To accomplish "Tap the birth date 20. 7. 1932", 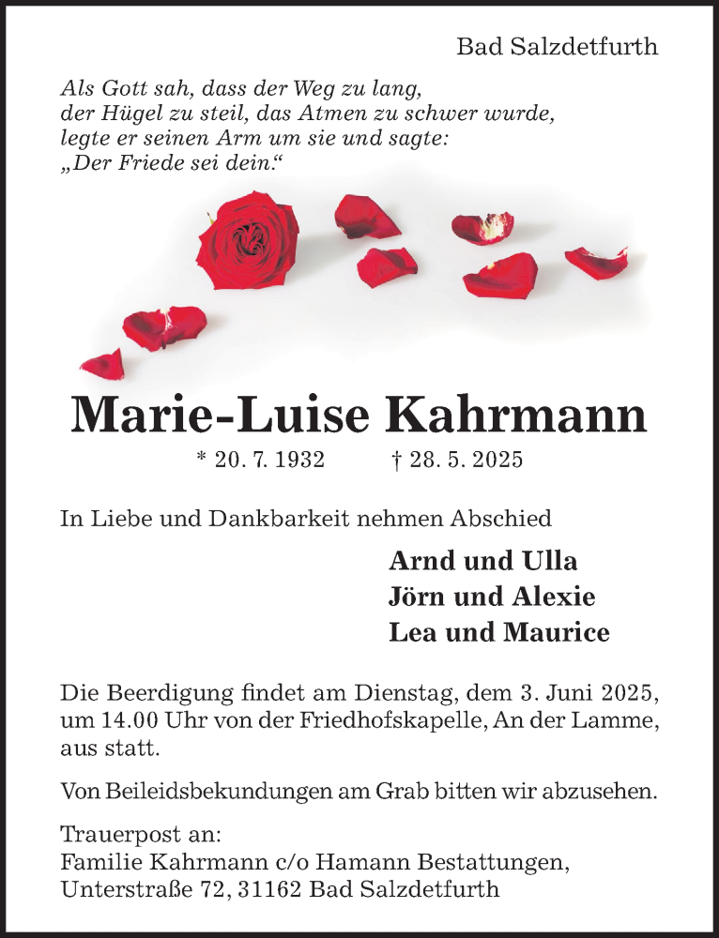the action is pyautogui.click(x=259, y=460).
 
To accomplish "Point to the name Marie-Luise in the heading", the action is pyautogui.click(x=219, y=416).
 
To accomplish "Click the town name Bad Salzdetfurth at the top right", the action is pyautogui.click(x=557, y=47).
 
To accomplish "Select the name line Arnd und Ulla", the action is pyautogui.click(x=482, y=561).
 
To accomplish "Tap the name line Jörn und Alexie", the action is pyautogui.click(x=492, y=597).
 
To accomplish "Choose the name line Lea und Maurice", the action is pyautogui.click(x=498, y=632).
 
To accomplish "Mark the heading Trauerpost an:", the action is pyautogui.click(x=141, y=833).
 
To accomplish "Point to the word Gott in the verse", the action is pyautogui.click(x=126, y=90).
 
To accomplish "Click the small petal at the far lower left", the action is pyautogui.click(x=103, y=363).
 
